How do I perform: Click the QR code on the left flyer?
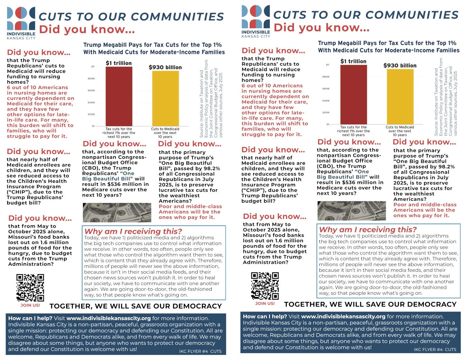point(30,288)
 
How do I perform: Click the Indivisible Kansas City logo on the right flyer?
point(256,21)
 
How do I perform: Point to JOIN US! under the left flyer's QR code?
point(30,305)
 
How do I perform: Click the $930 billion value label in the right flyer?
point(400,66)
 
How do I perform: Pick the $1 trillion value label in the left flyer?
point(119,63)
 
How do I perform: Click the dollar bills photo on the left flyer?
point(117,212)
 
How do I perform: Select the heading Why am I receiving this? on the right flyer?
point(368,230)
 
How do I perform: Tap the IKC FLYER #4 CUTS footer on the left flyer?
point(200,351)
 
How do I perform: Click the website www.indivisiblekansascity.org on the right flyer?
point(343,317)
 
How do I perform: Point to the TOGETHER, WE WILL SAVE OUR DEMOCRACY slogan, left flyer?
point(136,306)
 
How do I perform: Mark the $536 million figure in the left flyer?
point(120,184)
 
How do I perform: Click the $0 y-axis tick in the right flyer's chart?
point(328,124)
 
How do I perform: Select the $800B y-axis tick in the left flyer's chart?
point(91,79)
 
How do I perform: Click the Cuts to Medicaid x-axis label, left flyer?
point(165,129)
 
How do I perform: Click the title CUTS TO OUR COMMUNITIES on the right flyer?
point(366,15)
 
